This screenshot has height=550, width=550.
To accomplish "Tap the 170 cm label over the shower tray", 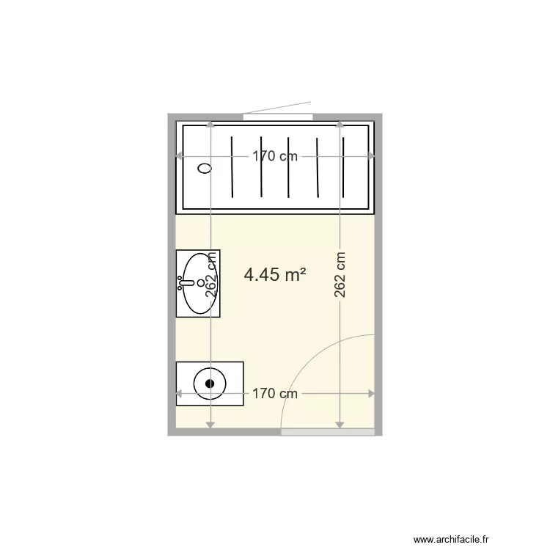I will pyautogui.click(x=275, y=155).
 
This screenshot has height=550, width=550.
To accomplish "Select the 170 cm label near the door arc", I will pyautogui.click(x=275, y=394).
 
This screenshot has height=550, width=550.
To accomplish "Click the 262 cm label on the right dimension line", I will pyautogui.click(x=340, y=275).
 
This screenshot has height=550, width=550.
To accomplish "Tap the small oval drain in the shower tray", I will pyautogui.click(x=205, y=168).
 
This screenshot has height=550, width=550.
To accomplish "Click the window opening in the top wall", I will pyautogui.click(x=278, y=117).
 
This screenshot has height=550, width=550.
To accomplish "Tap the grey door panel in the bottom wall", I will pyautogui.click(x=329, y=433).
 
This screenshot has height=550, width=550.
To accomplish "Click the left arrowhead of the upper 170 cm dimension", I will pyautogui.click(x=177, y=155).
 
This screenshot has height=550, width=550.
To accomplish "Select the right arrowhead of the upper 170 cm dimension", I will pyautogui.click(x=372, y=155).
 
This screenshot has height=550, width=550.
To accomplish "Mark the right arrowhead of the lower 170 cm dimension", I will pyautogui.click(x=372, y=394).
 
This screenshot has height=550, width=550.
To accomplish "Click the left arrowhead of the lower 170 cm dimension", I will pyautogui.click(x=177, y=394).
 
